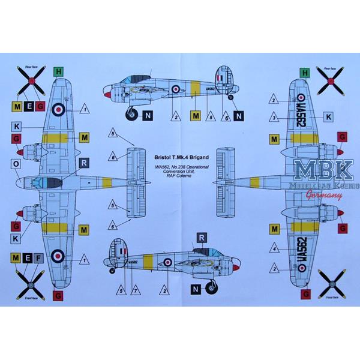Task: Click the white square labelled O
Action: pyautogui.click(x=16, y=164)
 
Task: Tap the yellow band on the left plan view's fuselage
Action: pyautogui.click(x=107, y=181)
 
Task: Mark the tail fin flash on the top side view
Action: pyautogui.click(x=218, y=79)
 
